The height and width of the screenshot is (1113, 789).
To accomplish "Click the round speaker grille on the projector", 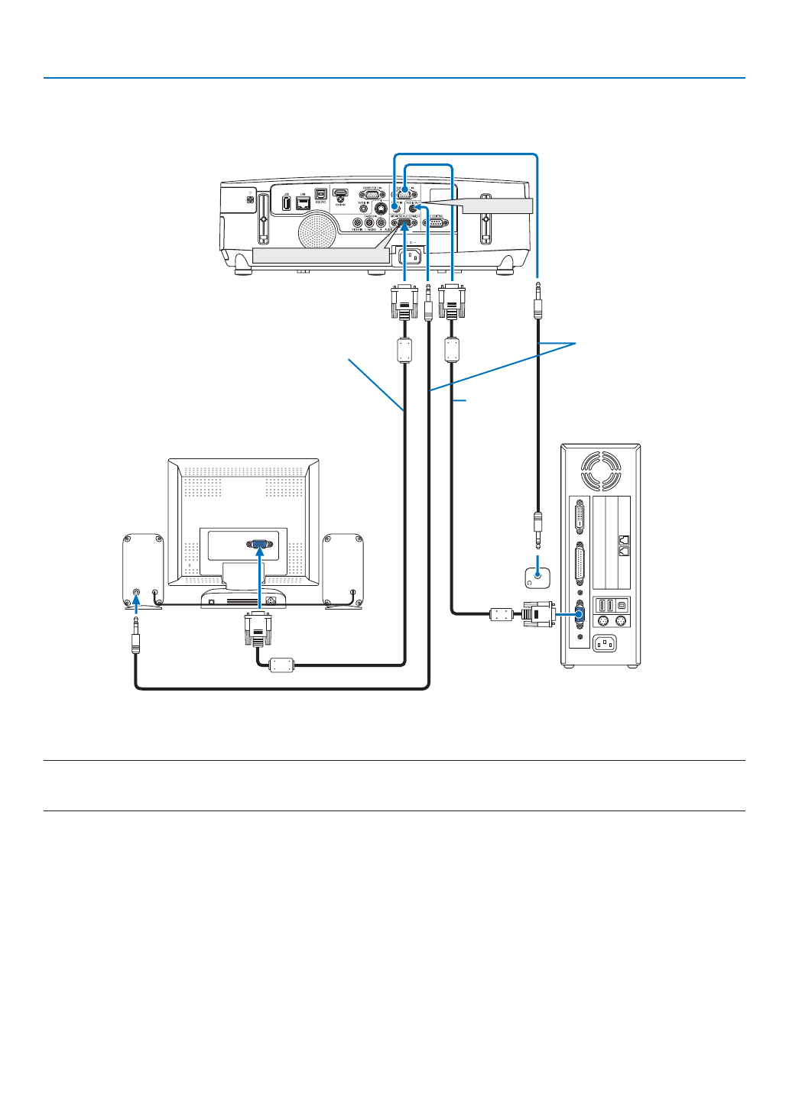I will pos(317,228).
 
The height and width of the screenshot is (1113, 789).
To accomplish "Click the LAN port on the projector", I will pos(303,204).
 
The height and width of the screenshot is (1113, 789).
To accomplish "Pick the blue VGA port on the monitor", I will pos(260,545).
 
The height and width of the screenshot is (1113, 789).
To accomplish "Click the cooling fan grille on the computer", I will pos(601,470).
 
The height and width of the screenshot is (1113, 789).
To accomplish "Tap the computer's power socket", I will pos(605,644).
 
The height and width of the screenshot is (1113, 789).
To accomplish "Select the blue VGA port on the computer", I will pos(579,613).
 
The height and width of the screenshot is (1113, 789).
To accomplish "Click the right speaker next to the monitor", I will pos(343,570).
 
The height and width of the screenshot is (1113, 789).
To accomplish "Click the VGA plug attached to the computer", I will pos(540,614).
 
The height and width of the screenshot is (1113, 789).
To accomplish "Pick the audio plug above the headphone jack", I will pos(537,528).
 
